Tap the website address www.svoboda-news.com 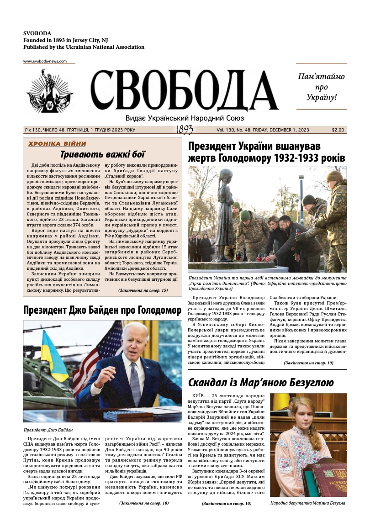pos(45,61)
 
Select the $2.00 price pos(338,130)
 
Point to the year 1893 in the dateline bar pos(184,130)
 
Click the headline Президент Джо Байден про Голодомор pos(102,310)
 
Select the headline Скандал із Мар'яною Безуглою pos(261,382)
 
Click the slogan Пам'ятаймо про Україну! pos(321,87)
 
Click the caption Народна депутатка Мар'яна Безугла pos(307,503)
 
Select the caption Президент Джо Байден pos(48,430)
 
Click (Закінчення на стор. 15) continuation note pos(143,290)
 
